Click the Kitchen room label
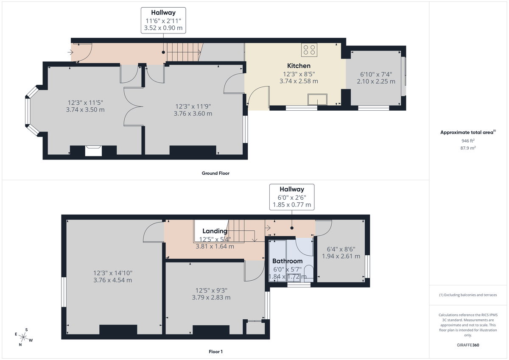pyautogui.click(x=299, y=66)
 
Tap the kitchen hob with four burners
pyautogui.click(x=309, y=50)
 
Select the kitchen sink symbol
pyautogui.click(x=318, y=99)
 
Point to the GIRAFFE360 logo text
pyautogui.click(x=468, y=345)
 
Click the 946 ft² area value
pyautogui.click(x=468, y=140)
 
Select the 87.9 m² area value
pyautogui.click(x=468, y=148)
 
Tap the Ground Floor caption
pyautogui.click(x=215, y=173)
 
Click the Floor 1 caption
pyautogui.click(x=215, y=352)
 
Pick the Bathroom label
pyautogui.click(x=287, y=261)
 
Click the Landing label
pyautogui.click(x=215, y=231)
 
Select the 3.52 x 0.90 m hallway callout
pyautogui.click(x=163, y=28)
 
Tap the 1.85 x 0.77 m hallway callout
pyautogui.click(x=291, y=204)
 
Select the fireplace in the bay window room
pyautogui.click(x=93, y=151)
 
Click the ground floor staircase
pyautogui.click(x=183, y=52)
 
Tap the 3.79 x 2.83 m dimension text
pyautogui.click(x=211, y=297)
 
